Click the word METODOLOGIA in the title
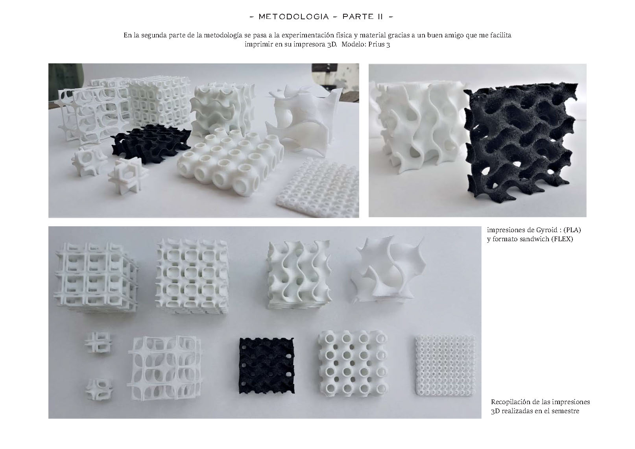click(294, 17)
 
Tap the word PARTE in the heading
click(358, 17)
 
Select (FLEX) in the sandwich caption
click(562, 239)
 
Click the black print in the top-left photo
click(150, 144)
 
